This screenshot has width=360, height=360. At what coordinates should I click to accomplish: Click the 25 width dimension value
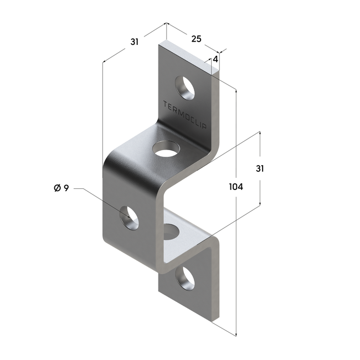[x=196, y=39]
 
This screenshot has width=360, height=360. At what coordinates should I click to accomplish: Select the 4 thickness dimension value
[x=215, y=58]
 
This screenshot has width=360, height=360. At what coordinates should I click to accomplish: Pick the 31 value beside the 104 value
[x=259, y=168]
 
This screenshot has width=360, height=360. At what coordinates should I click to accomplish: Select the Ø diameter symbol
[x=57, y=189]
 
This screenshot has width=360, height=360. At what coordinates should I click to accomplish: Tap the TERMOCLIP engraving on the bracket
[x=185, y=114]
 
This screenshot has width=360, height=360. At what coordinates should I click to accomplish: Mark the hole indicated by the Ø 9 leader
[x=129, y=217]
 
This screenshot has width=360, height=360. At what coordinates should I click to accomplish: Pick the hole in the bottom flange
[x=184, y=276]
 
